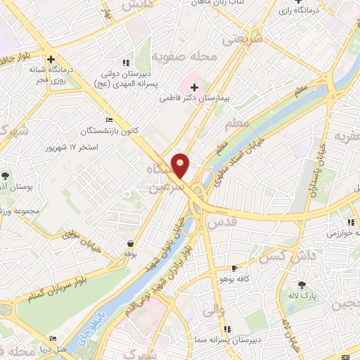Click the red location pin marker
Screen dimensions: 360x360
pos(181,166)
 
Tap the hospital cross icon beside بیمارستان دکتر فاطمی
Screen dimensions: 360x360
pos(194,86)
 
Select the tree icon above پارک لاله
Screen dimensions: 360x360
pos(302,285)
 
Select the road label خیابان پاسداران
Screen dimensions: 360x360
pos(312,169)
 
